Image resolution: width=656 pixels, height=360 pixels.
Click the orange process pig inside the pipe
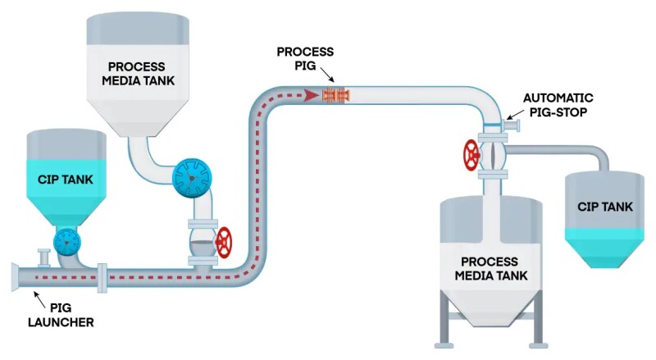(x=335, y=95)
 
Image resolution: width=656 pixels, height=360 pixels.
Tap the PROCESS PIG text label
(x=305, y=58)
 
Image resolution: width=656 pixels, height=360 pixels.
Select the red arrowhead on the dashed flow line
(x=312, y=95)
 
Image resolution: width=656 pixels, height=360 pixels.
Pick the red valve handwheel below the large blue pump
(x=222, y=242)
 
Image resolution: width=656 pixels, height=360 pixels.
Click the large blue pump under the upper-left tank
(x=192, y=175)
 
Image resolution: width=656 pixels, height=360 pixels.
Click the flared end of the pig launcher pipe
(x=16, y=276)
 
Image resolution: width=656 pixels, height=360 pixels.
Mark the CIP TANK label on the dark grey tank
(x=604, y=207)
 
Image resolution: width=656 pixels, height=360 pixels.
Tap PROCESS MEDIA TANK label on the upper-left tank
(x=137, y=73)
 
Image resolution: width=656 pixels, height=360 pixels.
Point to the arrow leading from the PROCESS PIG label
(x=323, y=78)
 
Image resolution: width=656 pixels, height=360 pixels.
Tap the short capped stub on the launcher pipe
(x=43, y=257)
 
